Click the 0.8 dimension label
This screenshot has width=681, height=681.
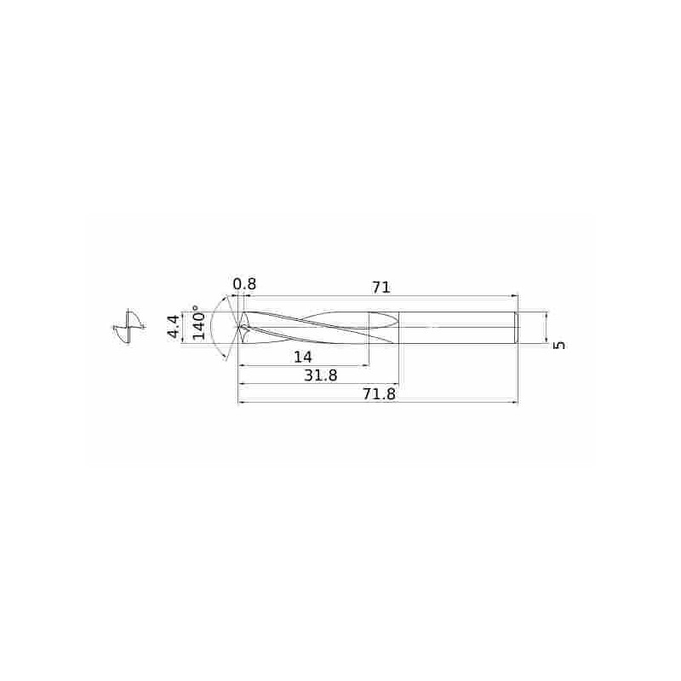point(244,284)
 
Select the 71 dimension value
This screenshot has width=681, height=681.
point(381,288)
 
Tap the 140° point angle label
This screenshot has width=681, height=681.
point(198,323)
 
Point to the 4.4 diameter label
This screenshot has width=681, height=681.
point(173,327)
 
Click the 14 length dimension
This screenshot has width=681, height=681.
point(303,357)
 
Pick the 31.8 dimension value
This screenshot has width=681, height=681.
point(320,375)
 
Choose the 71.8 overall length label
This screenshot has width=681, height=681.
point(379,394)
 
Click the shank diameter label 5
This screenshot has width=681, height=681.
point(560,345)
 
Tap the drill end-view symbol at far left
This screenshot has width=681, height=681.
point(129,327)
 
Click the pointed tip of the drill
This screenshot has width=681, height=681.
point(238,327)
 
